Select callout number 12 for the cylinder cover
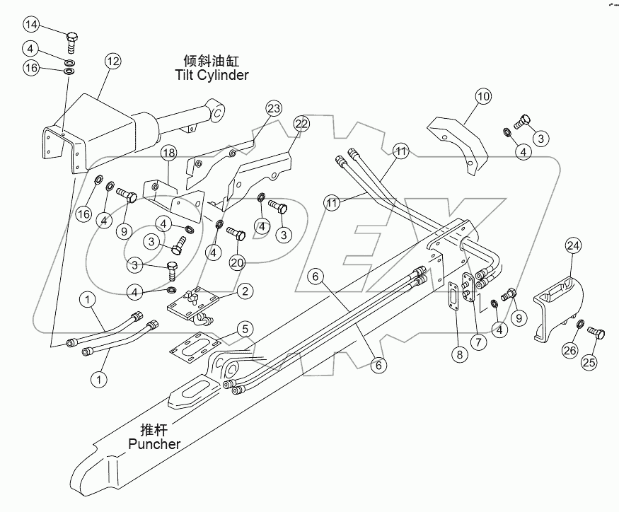[x=113, y=62]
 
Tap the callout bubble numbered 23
[x=274, y=108]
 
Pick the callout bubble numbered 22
[x=301, y=124]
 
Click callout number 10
[x=482, y=96]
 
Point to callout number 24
[x=573, y=246]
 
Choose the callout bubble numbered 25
[x=589, y=363]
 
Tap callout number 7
[x=480, y=342]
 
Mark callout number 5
[x=244, y=328]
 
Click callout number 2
[x=244, y=290]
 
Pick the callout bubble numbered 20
[x=236, y=262]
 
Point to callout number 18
[x=168, y=153]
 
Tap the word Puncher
[x=154, y=445]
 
